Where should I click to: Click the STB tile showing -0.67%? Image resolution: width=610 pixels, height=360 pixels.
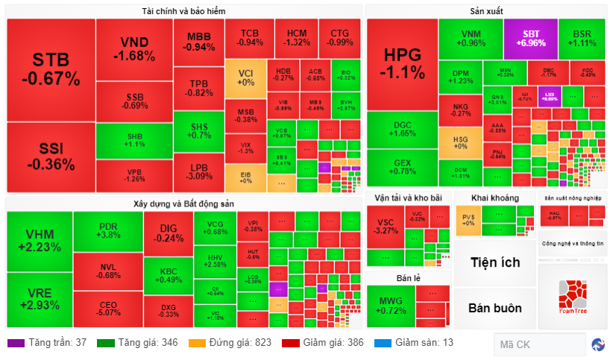[x=51, y=69]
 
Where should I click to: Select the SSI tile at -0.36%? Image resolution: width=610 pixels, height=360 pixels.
[x=51, y=157]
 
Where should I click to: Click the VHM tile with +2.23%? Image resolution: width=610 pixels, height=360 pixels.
[x=39, y=241]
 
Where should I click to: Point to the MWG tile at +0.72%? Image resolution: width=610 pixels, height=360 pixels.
[x=390, y=305]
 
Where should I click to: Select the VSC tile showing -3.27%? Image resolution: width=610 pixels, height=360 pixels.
[x=386, y=226]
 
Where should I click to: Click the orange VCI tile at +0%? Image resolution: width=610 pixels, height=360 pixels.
[x=245, y=77]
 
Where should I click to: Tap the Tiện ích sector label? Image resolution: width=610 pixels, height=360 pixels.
[x=494, y=262]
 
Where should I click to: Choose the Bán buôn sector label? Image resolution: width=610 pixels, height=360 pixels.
[x=494, y=308]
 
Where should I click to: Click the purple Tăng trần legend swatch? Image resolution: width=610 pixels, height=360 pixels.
[x=16, y=343]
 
